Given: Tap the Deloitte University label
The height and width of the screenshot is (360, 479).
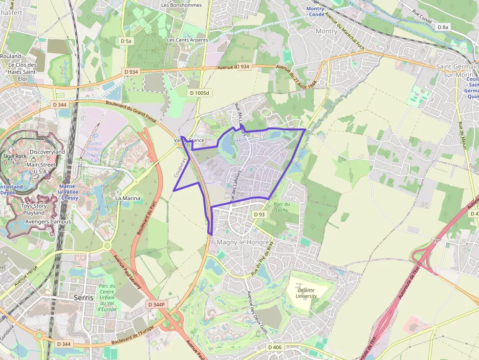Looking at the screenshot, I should tap(306, 293).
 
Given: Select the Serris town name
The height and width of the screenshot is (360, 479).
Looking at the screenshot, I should tap(84, 297).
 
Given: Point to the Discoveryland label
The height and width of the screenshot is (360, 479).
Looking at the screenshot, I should tap(47, 152).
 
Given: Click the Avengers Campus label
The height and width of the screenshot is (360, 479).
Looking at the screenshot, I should tap(48, 221).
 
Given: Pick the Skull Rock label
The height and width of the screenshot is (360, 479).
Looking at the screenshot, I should tap(15, 156).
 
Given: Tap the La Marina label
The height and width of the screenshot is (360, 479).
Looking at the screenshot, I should tap(128, 198).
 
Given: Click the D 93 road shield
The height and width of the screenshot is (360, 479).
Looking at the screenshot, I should tap(260, 214).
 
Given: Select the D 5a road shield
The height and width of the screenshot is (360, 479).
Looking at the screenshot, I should tap(126, 42).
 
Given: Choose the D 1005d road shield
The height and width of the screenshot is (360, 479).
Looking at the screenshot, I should tap(199, 93).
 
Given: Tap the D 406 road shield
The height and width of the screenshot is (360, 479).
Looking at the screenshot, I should tap(275, 347).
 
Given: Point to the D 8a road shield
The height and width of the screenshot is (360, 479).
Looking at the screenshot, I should tap(443, 27).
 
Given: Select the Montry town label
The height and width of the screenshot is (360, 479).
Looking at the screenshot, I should tap(327, 31).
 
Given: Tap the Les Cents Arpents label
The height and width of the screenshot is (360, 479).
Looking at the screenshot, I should tap(187, 40).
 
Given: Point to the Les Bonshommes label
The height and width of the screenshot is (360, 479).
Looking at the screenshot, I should tap(181, 5).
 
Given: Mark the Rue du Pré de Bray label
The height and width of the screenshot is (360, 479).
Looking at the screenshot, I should tap(262, 257).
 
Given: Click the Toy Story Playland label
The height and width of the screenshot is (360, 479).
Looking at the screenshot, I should tap(34, 209).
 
